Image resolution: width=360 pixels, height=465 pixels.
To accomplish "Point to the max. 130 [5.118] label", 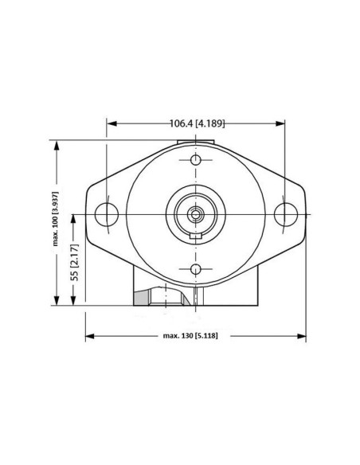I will point(190,337).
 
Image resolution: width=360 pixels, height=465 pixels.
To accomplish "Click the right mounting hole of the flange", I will point(285,213).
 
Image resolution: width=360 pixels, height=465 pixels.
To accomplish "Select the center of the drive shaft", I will point(195,213).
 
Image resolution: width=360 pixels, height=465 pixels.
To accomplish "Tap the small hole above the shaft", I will point(195,160).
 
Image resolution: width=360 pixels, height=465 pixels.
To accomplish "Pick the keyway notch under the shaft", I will point(195,237).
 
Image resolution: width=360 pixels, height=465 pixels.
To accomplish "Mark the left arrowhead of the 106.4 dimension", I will point(111,123).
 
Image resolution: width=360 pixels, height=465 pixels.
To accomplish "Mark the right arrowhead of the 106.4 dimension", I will point(281,123).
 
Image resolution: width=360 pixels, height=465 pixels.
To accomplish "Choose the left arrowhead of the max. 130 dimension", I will point(88,337).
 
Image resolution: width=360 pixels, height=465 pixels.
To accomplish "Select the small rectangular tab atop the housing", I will point(195,143).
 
